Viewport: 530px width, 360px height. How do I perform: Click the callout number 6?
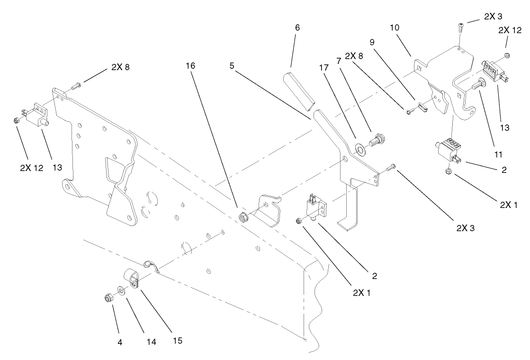[297, 28]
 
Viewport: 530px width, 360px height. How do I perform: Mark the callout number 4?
[120, 342]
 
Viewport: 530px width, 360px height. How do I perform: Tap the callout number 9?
[372, 42]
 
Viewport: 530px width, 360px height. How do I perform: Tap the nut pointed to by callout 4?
[108, 298]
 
